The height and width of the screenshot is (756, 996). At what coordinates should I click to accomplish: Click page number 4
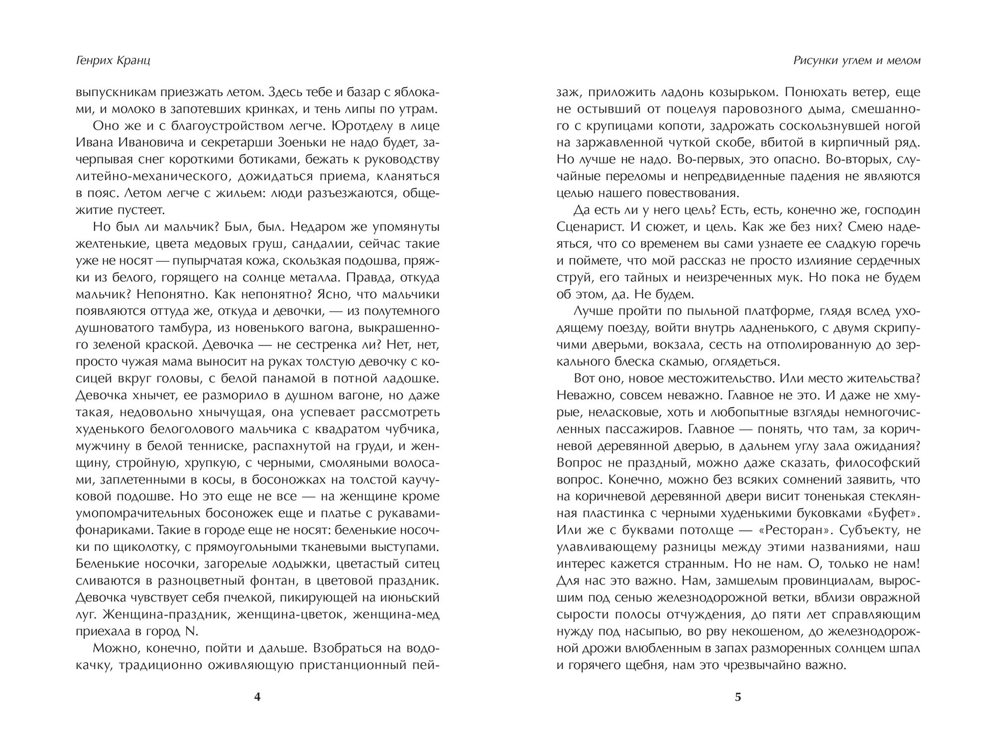pyautogui.click(x=257, y=697)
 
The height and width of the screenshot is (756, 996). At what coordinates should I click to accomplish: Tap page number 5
pyautogui.click(x=738, y=697)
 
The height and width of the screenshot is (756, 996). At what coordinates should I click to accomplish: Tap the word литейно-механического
pyautogui.click(x=152, y=177)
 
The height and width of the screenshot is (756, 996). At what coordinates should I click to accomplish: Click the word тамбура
pyautogui.click(x=150, y=328)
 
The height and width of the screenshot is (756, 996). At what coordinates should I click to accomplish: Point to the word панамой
pyautogui.click(x=316, y=379)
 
